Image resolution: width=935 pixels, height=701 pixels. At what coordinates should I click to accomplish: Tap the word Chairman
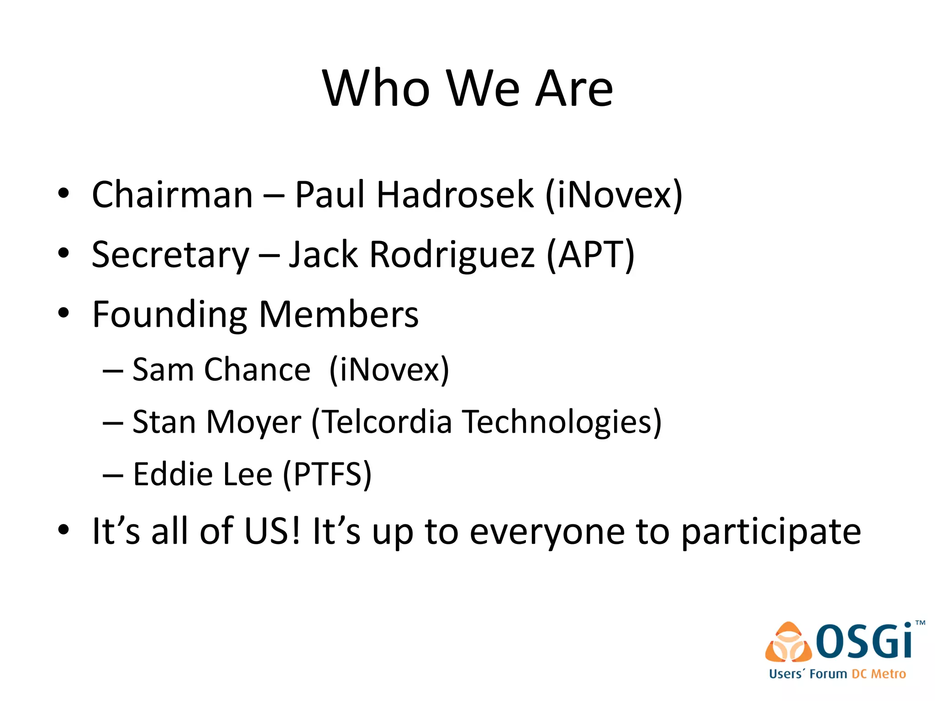coord(172,195)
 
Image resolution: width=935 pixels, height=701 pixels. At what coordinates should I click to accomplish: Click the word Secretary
coord(170,255)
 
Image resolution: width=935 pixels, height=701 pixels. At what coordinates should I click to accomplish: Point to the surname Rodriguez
coord(452,254)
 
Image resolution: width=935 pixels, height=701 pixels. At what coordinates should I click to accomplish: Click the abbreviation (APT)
coord(590,254)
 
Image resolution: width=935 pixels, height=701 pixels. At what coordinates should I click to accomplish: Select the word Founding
coord(169,315)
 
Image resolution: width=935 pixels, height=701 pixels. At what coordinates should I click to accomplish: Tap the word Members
coord(338,314)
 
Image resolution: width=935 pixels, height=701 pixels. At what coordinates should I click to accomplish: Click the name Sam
coord(163,369)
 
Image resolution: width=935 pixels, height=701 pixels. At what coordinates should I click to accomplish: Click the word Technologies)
coord(562,422)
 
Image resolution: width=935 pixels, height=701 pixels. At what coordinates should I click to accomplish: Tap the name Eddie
coord(173,474)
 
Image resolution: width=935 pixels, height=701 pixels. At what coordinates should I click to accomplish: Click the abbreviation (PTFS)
coord(327,474)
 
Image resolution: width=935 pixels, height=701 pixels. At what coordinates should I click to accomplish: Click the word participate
coord(771,532)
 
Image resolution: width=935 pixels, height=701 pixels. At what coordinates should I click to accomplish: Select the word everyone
coord(547,532)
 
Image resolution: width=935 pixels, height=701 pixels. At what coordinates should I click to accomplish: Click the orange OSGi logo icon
coord(788,643)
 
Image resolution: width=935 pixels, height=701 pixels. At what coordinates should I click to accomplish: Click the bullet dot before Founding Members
coord(63,314)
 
